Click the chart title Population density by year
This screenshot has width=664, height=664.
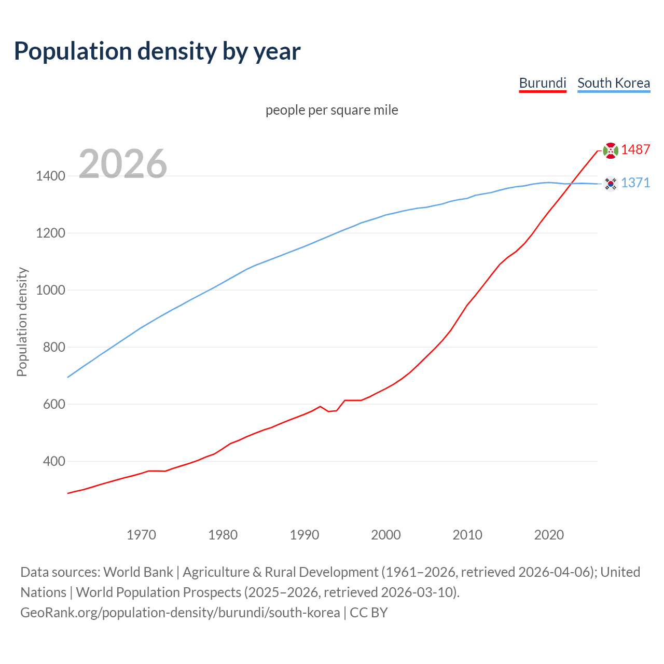[x=157, y=51]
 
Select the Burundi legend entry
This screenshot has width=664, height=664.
[x=543, y=83]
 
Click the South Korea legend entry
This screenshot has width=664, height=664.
[x=614, y=83]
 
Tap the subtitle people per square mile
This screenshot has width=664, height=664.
[x=332, y=110]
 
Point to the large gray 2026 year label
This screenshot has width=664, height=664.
[x=123, y=164]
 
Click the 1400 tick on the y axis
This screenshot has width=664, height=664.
[x=50, y=176]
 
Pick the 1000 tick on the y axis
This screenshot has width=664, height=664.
[x=50, y=290]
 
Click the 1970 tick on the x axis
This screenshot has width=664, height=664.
[x=141, y=535]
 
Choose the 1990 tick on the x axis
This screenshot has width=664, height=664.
[x=305, y=535]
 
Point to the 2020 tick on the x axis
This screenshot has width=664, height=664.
[x=549, y=535]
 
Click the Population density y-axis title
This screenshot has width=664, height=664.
[x=22, y=322]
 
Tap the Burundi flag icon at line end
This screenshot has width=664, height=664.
[x=611, y=150]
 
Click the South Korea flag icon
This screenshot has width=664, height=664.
[x=611, y=184]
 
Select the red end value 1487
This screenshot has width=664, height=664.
[x=635, y=149]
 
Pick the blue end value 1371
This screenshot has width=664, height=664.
[x=635, y=183]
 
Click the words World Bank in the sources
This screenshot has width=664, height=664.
[x=138, y=572]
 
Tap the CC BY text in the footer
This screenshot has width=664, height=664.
[x=369, y=612]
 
